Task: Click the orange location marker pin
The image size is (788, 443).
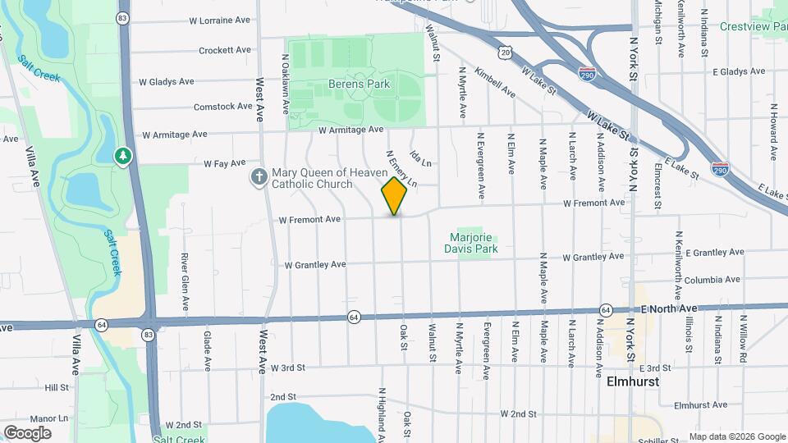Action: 394,196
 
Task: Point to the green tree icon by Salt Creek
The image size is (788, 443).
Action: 123,155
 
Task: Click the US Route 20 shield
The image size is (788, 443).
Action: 506,52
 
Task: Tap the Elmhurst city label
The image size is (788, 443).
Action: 633,381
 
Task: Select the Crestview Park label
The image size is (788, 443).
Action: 753,26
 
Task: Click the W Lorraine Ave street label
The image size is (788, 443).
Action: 219,20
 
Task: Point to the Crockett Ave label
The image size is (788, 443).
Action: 224,50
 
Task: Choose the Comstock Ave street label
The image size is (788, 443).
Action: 222,107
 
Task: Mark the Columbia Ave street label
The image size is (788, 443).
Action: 712,280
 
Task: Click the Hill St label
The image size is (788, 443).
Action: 57,387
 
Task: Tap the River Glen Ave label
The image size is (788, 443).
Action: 185,281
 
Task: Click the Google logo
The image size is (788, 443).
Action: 27,432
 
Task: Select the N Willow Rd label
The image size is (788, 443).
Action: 743,338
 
